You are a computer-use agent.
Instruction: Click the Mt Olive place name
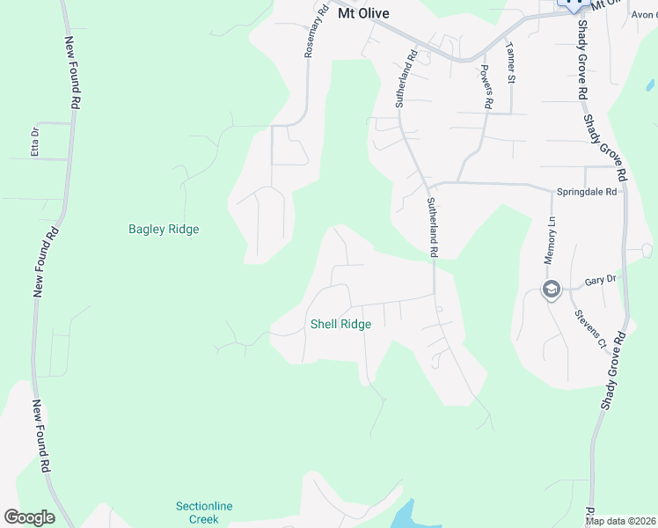point(363,14)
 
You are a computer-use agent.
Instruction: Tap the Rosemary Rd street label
point(315,32)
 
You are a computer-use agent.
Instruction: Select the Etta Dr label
point(35,141)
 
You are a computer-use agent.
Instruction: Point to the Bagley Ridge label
point(164,230)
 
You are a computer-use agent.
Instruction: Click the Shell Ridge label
point(340,324)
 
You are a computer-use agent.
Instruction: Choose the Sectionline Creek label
point(197,512)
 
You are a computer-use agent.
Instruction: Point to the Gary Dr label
point(600,281)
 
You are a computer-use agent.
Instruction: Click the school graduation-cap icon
point(552,290)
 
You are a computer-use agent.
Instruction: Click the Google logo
point(29,517)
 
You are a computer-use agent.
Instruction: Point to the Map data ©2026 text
point(620,521)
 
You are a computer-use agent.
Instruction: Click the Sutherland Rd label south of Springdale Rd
point(432,228)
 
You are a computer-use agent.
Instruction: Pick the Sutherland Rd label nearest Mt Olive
point(406,79)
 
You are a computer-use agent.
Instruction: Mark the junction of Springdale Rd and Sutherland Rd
point(429,184)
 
